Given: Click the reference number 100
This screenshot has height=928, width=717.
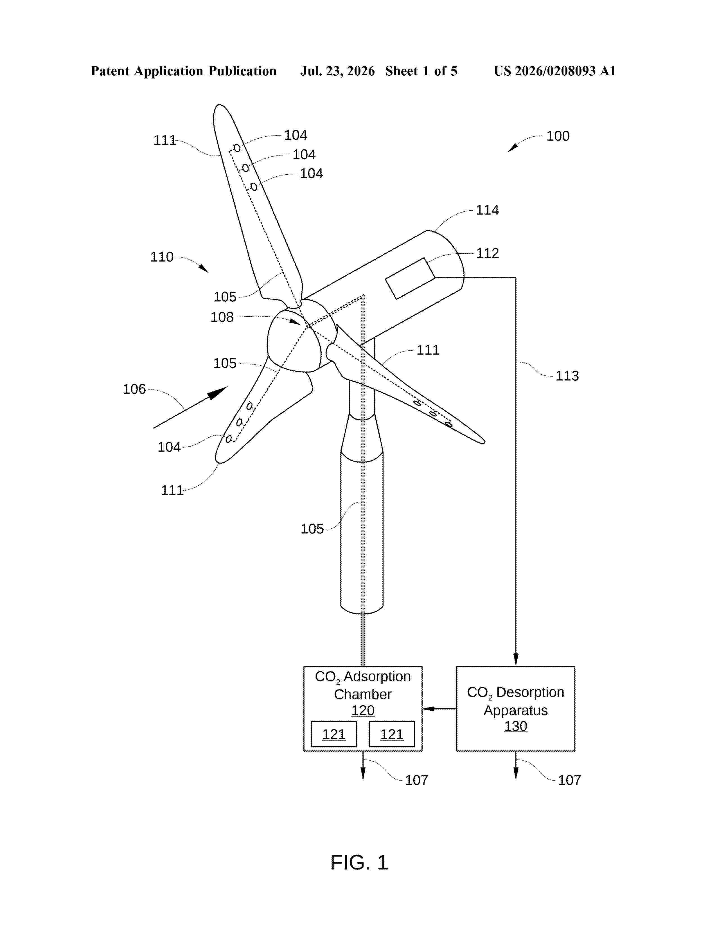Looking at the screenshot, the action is [558, 136].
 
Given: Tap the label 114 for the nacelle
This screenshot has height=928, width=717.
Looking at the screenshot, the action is [487, 210].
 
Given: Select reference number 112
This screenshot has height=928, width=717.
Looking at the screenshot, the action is [487, 253].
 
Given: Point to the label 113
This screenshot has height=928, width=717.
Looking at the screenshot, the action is [567, 376].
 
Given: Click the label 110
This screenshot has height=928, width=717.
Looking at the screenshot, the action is [162, 257].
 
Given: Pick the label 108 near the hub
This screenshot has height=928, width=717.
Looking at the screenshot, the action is [222, 317].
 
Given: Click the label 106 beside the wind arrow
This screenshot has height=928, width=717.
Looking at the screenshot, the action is [134, 389].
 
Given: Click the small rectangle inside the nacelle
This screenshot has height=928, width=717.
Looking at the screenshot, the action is [410, 278].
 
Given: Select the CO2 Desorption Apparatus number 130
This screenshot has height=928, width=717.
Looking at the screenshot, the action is [516, 726].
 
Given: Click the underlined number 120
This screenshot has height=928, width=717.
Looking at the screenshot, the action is [363, 710].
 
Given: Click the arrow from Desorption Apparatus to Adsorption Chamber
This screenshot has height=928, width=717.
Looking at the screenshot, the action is [439, 709].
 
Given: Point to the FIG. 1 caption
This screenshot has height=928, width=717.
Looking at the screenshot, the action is [359, 862].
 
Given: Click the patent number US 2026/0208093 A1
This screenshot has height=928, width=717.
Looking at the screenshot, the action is [555, 71].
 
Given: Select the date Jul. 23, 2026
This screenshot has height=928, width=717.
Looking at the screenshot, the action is [338, 71].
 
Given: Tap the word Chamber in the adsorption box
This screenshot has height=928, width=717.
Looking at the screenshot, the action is [363, 694].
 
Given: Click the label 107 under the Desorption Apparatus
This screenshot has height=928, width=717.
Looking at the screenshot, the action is [569, 780].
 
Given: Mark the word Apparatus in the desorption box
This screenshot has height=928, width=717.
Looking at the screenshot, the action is [516, 710].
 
